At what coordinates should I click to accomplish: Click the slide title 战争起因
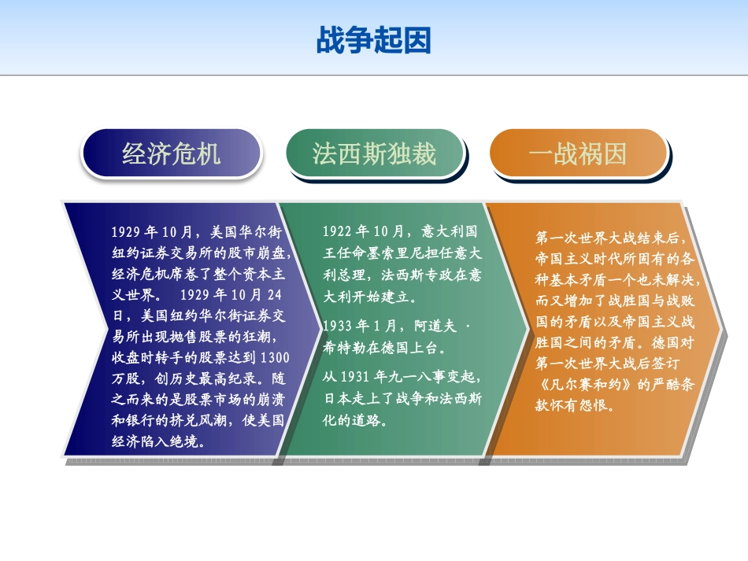point(374,40)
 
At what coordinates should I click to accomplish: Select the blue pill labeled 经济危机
point(172,153)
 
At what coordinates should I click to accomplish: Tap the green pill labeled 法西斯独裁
point(375,153)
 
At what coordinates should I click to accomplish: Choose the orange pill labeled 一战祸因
point(578,153)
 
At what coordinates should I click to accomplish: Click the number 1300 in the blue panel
point(276,357)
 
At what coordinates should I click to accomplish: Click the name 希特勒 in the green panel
point(344,348)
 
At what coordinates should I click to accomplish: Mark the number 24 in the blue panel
point(275,295)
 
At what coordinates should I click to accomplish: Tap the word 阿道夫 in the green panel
point(435,326)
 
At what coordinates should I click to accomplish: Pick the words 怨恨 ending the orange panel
point(593,406)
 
